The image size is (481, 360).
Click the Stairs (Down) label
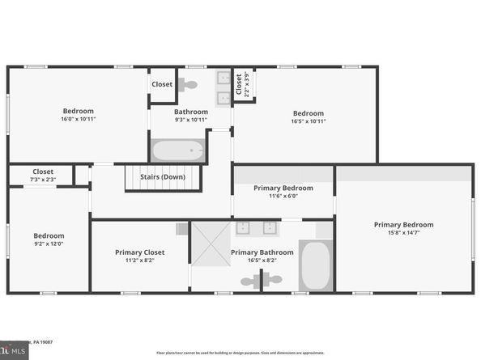[162, 176]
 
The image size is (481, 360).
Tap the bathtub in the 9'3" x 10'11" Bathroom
[177, 150]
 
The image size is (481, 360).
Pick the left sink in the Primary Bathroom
[242, 228]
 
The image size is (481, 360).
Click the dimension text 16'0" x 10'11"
[79, 120]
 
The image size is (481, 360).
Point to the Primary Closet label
[140, 252]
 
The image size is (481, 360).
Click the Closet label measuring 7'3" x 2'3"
[43, 172]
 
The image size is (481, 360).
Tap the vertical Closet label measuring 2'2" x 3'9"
[239, 84]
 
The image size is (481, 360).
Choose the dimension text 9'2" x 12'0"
[48, 244]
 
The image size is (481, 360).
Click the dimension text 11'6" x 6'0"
[283, 196]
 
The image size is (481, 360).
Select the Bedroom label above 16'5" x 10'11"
[309, 113]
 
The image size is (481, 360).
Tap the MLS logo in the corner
[15, 350]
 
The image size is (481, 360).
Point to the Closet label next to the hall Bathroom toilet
[162, 84]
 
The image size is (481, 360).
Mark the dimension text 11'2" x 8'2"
[140, 260]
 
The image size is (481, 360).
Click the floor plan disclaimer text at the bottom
[240, 354]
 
